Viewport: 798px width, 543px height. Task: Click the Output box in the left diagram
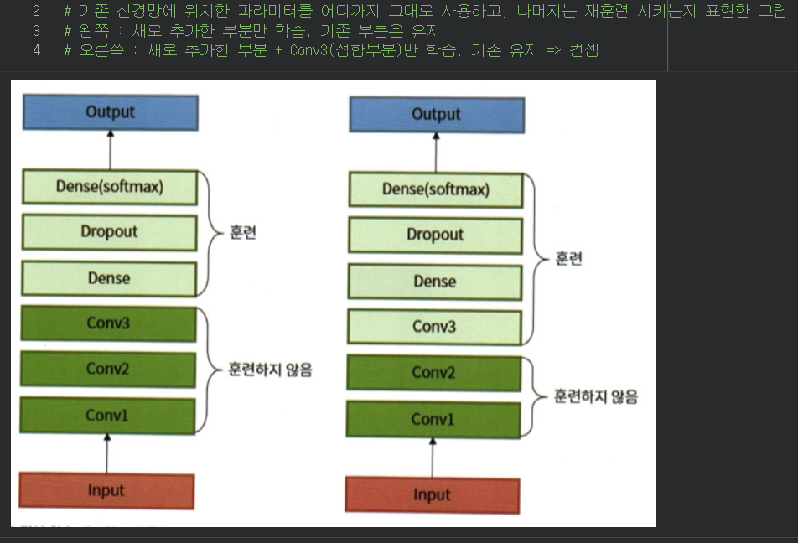110,112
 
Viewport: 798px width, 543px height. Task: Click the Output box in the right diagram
436,115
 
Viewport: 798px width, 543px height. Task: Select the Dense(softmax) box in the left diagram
110,187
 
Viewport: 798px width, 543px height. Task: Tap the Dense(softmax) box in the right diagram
436,189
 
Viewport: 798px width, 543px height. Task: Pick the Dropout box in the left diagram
110,232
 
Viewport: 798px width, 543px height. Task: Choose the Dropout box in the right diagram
435,235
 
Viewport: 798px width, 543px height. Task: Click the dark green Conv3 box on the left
108,323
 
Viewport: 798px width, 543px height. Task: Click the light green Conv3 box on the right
434,327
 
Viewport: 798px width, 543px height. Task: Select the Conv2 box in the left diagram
108,369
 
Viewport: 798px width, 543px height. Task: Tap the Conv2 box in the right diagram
433,373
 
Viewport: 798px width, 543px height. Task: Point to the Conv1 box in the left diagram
107,415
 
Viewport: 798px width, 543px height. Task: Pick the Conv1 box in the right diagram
433,419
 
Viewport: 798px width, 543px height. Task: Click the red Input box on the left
106,491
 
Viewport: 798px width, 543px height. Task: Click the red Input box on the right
432,495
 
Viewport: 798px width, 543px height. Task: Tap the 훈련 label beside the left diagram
242,232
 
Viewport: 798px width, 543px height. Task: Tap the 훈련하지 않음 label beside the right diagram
595,396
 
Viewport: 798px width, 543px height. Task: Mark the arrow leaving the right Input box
433,458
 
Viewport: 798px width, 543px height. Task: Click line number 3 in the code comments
36,31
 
